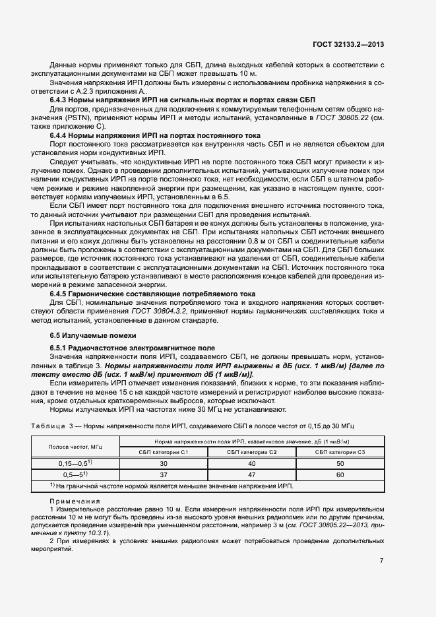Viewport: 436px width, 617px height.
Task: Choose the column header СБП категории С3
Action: click(x=340, y=451)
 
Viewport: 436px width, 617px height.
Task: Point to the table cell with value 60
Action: click(x=340, y=474)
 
